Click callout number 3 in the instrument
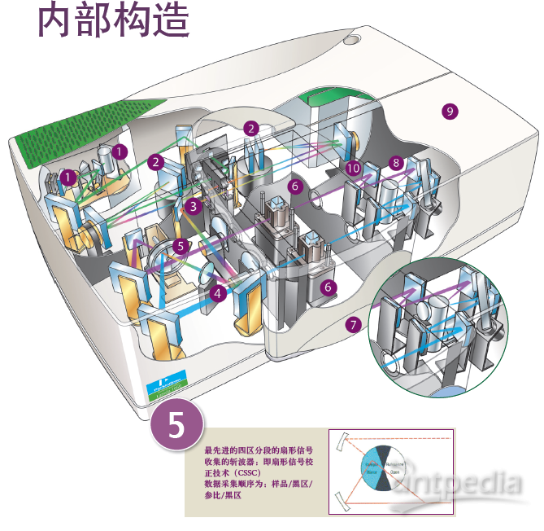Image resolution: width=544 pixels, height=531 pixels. pyautogui.click(x=193, y=206)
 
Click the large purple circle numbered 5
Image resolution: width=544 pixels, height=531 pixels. pyautogui.click(x=176, y=424)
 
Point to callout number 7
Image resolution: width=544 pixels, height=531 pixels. pyautogui.click(x=352, y=324)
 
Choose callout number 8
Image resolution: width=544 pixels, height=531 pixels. pyautogui.click(x=396, y=163)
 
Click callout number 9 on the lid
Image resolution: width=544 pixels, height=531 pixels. pyautogui.click(x=449, y=111)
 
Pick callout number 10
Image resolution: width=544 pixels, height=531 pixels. pyautogui.click(x=353, y=168)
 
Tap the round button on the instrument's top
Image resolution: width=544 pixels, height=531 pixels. pyautogui.click(x=351, y=38)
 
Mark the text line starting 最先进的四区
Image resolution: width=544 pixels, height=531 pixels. pyautogui.click(x=259, y=450)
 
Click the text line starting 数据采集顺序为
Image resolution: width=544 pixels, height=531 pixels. pyautogui.click(x=258, y=484)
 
